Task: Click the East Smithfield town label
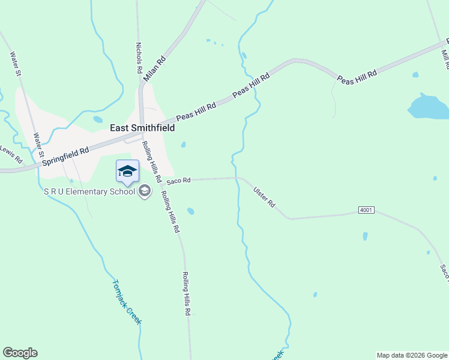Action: pyautogui.click(x=142, y=128)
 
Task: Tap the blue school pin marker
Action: pyautogui.click(x=127, y=172)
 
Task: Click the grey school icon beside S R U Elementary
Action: pyautogui.click(x=144, y=191)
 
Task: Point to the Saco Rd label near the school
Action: pyautogui.click(x=178, y=180)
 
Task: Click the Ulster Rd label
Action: pyautogui.click(x=264, y=196)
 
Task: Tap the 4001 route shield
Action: pyautogui.click(x=366, y=210)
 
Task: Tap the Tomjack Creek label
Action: pyautogui.click(x=127, y=302)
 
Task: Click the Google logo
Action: pyautogui.click(x=20, y=353)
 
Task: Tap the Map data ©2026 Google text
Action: pyautogui.click(x=412, y=355)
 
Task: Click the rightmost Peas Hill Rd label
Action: pyautogui.click(x=357, y=76)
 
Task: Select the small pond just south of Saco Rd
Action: pyautogui.click(x=191, y=211)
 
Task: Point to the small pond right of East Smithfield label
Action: pyautogui.click(x=183, y=144)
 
